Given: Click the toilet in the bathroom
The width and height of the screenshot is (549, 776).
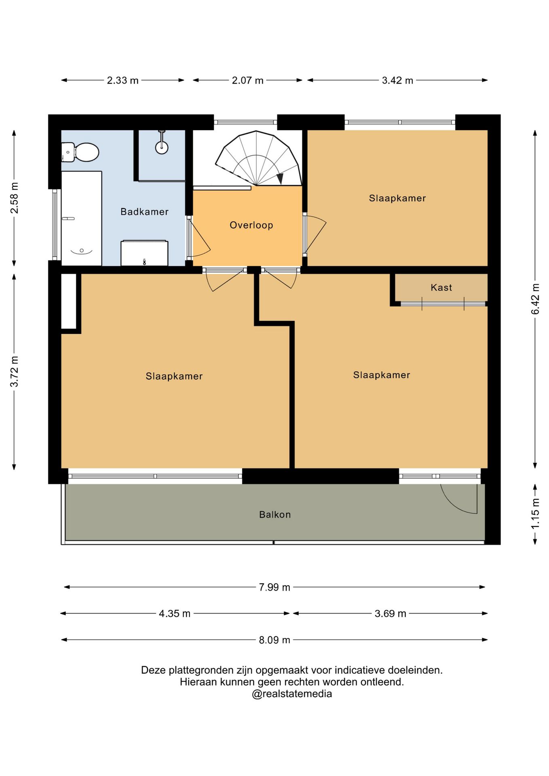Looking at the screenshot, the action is (x=80, y=152).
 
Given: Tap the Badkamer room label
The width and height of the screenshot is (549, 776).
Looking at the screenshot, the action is (x=144, y=212).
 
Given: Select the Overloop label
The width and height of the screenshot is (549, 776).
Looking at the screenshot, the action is (x=251, y=225).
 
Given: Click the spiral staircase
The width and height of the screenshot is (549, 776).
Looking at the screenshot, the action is (x=258, y=158).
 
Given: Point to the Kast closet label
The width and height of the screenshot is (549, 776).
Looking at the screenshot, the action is (x=441, y=287).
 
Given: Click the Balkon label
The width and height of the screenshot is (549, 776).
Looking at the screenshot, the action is (x=275, y=515).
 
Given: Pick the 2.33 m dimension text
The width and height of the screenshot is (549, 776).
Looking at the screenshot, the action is (x=122, y=80).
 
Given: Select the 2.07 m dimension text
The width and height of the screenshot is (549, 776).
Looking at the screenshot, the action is (x=247, y=80).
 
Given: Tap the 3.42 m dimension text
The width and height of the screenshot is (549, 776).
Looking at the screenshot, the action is (x=397, y=80).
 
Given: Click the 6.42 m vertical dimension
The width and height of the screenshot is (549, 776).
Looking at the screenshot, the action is (x=535, y=299).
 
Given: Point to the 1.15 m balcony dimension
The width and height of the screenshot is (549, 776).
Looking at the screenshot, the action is (x=535, y=514).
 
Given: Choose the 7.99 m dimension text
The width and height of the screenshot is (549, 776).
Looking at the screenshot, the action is (x=274, y=587).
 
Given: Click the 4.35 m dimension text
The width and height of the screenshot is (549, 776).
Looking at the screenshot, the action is (x=175, y=614).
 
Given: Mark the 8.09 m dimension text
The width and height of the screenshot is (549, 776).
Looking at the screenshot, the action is (x=274, y=640).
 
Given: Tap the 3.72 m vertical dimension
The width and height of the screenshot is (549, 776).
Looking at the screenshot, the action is (x=15, y=371).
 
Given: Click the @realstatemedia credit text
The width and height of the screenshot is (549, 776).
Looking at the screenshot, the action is (x=292, y=694).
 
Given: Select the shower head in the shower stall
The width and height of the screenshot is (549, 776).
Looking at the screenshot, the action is (x=162, y=147).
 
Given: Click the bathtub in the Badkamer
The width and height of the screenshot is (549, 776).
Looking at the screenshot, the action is (x=81, y=218).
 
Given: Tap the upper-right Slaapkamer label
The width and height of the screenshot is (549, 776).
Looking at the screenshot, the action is (x=397, y=198).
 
